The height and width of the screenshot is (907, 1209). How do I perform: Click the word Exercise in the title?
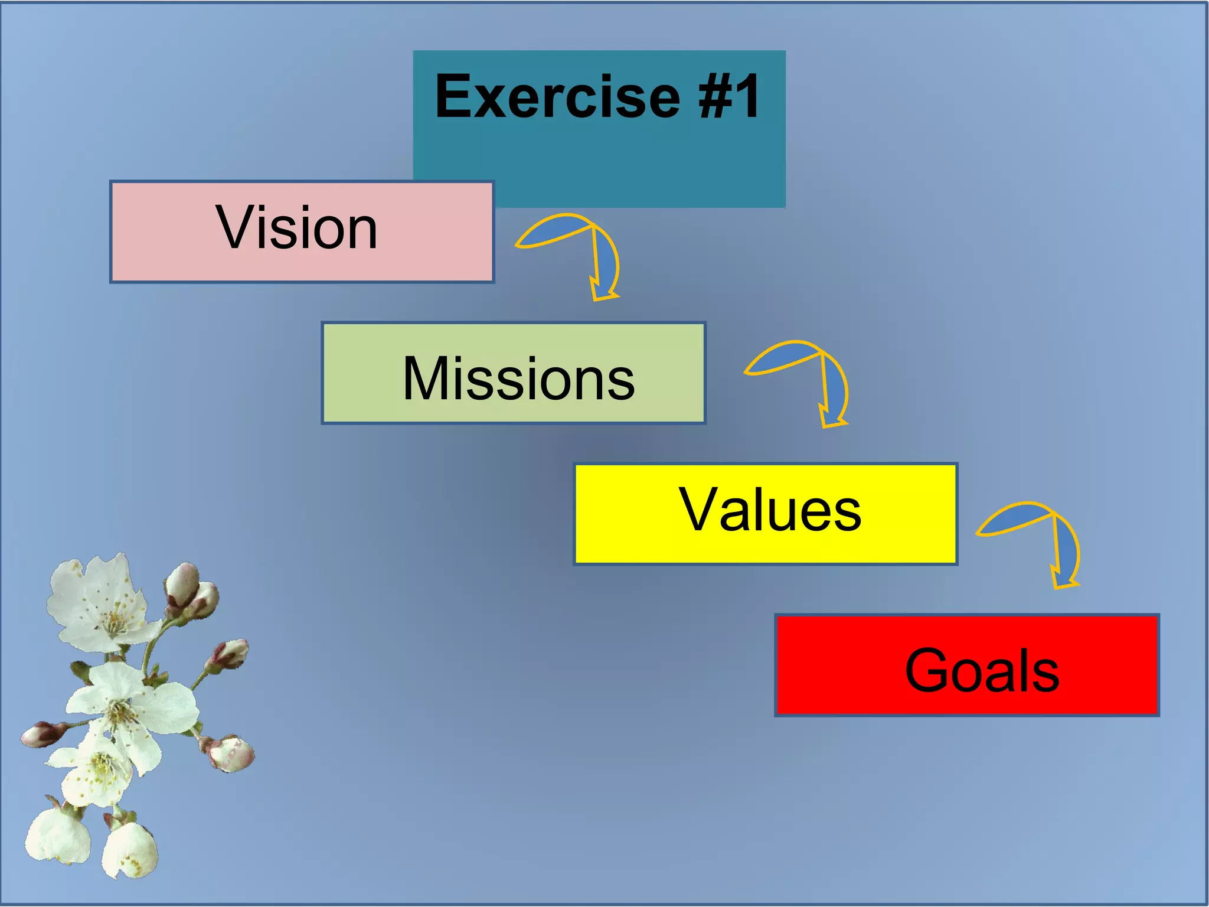click(x=557, y=97)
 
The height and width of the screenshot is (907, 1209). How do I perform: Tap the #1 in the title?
click(x=730, y=97)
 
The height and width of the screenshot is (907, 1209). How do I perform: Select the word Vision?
click(x=296, y=228)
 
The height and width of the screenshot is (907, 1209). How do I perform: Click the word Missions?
click(x=518, y=379)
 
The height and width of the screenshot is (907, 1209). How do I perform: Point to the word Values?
click(x=770, y=510)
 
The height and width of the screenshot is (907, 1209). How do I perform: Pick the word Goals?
click(x=982, y=671)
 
